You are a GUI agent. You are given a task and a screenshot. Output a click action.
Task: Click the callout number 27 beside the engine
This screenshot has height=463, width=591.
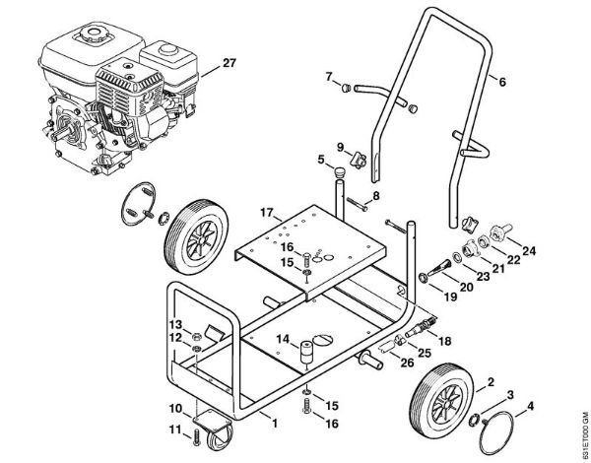click(x=230, y=63)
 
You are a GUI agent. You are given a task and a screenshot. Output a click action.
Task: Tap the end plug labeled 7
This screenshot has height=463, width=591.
click(x=347, y=88)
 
